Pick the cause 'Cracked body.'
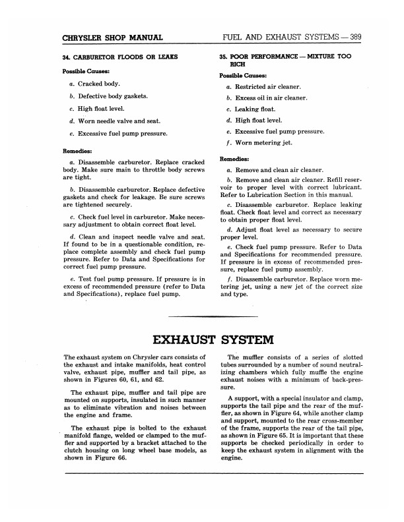pyautogui.click(x=98, y=84)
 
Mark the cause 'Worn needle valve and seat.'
pyautogui.click(x=117, y=121)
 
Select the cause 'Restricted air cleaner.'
pyautogui.click(x=267, y=87)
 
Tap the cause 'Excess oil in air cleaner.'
pyautogui.click(x=272, y=98)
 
